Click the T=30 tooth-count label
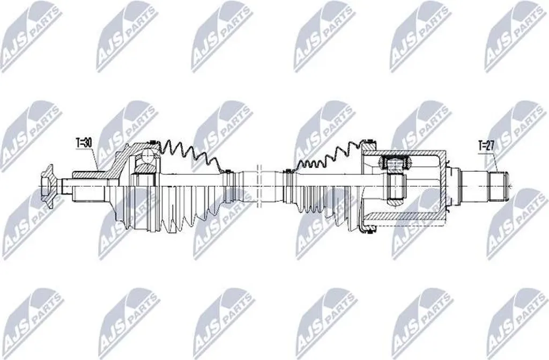[84, 143]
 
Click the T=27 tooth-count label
[486, 145]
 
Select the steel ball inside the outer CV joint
[147, 157]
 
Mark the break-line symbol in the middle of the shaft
[259, 186]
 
